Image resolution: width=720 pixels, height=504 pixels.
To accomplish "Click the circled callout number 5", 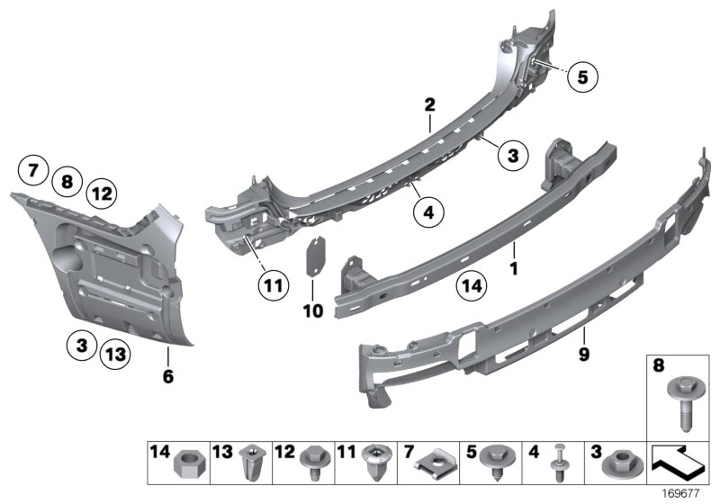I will coord(582,78).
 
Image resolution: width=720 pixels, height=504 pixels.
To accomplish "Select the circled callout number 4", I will coord(429,212).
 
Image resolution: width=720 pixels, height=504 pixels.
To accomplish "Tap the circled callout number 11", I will coord(273,287).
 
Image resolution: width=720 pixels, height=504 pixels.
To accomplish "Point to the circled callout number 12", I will coord(101,192).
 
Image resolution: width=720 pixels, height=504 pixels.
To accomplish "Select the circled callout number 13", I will coord(113,353).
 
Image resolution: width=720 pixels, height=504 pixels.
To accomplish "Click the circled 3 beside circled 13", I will coord(81,345).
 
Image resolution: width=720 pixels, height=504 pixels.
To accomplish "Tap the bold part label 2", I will coord(430,105).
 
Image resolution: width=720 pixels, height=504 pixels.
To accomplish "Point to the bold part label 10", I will coord(312,310).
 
